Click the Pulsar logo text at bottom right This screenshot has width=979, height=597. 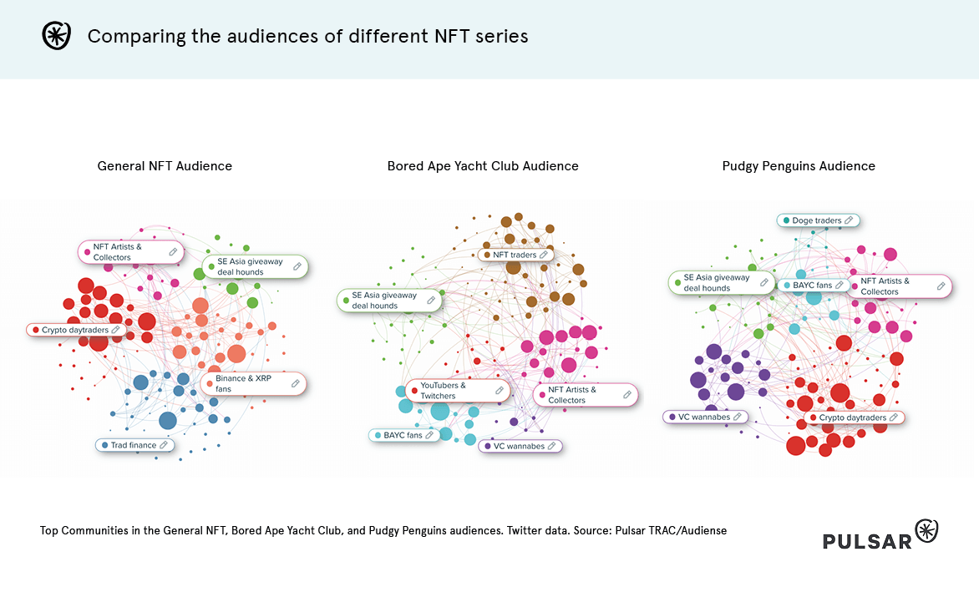867,541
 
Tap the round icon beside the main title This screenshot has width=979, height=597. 56,36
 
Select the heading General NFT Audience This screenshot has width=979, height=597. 165,166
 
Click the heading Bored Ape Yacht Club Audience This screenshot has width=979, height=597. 483,166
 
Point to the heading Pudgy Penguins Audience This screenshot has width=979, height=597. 799,166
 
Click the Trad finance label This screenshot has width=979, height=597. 134,445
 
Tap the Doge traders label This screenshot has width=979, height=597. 817,220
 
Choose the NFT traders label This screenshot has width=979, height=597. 515,255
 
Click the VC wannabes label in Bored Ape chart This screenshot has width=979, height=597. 519,447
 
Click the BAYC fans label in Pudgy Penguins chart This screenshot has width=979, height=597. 812,286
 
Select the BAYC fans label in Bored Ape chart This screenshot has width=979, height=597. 403,435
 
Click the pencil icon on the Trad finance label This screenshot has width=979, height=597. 165,445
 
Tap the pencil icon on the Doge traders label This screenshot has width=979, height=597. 849,220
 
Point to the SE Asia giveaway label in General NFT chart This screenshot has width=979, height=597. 250,266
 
